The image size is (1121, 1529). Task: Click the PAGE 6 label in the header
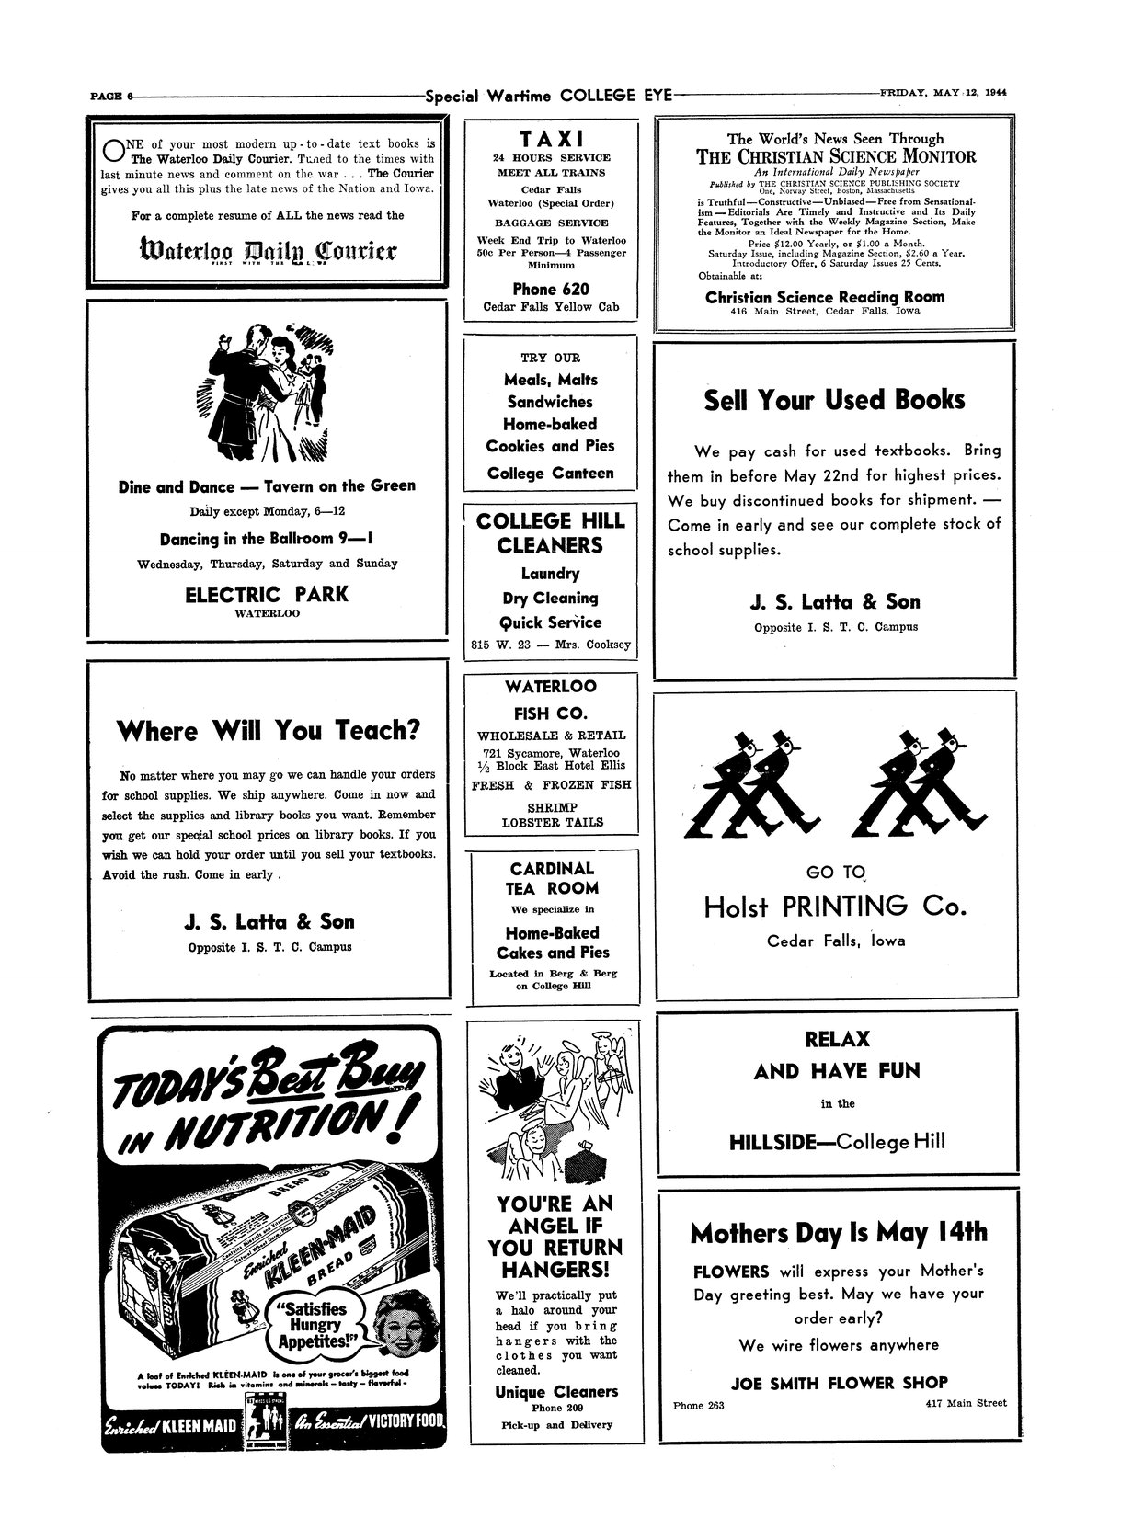[112, 95]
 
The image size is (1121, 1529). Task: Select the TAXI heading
[551, 139]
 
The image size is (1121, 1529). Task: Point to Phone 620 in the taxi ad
[551, 289]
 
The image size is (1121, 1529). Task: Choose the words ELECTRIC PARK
[267, 594]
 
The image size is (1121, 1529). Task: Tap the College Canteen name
[550, 474]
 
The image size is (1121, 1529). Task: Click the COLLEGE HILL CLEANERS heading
[550, 533]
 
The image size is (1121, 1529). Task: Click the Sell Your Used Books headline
[834, 400]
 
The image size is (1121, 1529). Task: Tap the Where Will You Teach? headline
[269, 731]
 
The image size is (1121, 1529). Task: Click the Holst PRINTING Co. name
[835, 907]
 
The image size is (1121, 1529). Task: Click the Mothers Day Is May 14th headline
[838, 1232]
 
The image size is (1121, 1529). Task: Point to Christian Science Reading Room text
[824, 297]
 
